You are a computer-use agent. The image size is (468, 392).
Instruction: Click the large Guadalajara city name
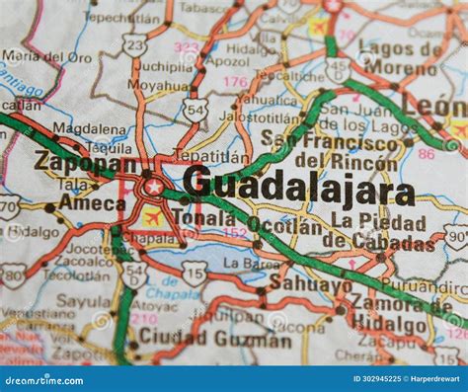click(x=298, y=187)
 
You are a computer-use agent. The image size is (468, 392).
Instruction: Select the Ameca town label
click(x=91, y=202)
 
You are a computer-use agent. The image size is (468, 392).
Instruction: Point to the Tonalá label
click(x=203, y=218)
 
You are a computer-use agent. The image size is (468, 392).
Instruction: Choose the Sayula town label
click(x=83, y=300)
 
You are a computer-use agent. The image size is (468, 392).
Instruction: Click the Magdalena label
click(x=89, y=128)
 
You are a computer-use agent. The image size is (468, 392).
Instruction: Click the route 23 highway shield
click(x=134, y=44)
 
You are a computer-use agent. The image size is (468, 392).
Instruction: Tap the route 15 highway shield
click(x=195, y=274)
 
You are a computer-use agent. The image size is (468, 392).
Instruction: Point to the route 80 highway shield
click(x=12, y=274)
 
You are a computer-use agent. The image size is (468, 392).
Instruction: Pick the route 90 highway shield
click(x=455, y=235)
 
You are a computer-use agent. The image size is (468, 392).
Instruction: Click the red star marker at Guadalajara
click(x=154, y=187)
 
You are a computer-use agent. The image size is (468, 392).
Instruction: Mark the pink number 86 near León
click(x=426, y=154)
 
